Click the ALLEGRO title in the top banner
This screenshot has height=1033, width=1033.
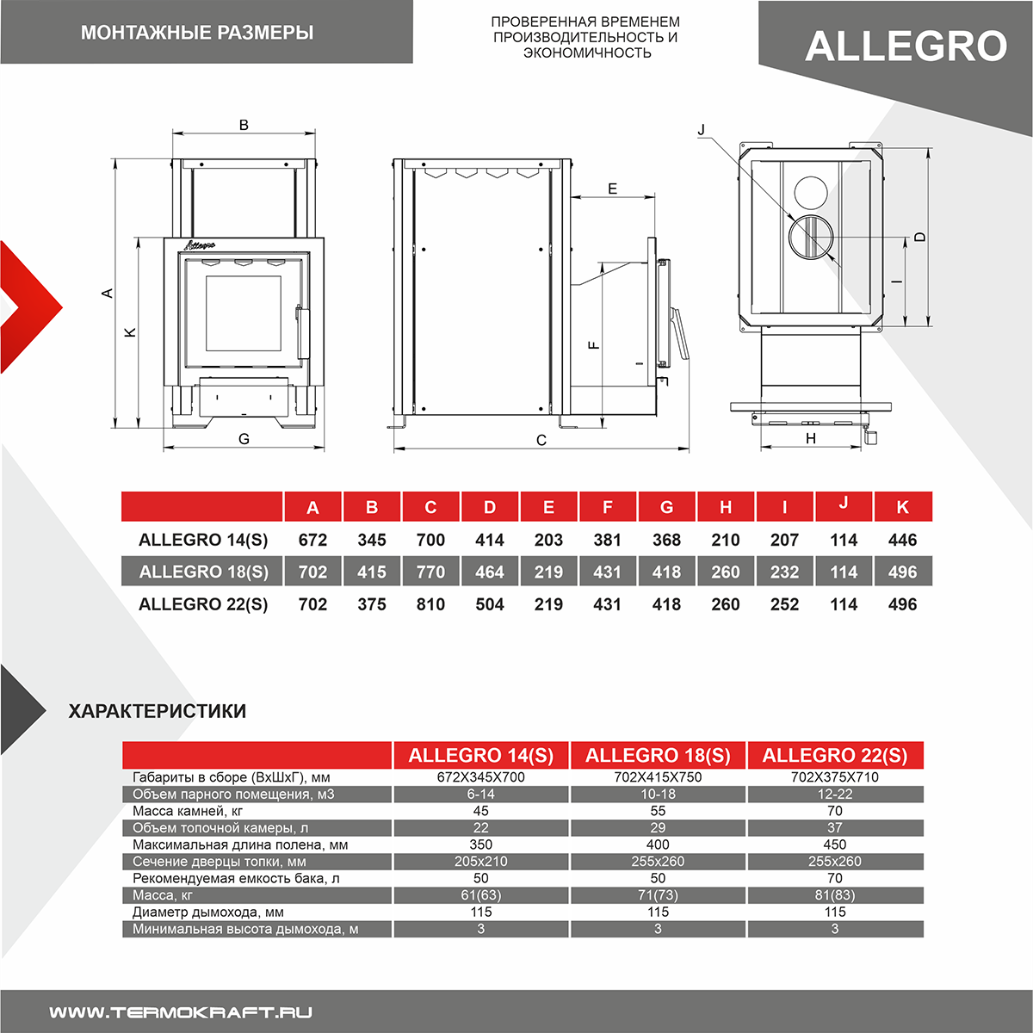(x=906, y=46)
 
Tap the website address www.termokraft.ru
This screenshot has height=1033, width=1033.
(x=181, y=1012)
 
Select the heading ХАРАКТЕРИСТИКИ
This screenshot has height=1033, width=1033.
(x=157, y=711)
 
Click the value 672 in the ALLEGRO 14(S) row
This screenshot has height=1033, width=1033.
(x=312, y=540)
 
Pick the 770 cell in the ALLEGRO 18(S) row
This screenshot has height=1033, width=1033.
(x=430, y=572)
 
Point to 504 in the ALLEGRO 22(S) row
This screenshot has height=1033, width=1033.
(x=490, y=604)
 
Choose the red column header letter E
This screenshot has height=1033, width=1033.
(x=548, y=507)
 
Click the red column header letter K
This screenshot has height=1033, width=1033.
(x=902, y=507)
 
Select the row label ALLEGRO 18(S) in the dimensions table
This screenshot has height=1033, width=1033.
(x=203, y=572)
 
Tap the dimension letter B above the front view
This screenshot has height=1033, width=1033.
(x=244, y=125)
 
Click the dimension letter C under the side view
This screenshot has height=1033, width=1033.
(x=541, y=440)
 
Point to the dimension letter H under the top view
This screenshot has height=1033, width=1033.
(x=811, y=438)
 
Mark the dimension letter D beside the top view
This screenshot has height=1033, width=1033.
(x=919, y=237)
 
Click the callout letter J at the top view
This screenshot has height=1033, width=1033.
(x=702, y=130)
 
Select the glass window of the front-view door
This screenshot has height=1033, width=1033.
(x=243, y=313)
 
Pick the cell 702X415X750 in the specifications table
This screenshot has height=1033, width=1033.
(x=658, y=776)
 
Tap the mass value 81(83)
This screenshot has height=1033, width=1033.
(x=835, y=895)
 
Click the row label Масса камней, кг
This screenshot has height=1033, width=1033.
(x=188, y=811)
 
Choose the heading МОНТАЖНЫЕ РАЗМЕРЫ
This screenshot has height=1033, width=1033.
(x=197, y=33)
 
